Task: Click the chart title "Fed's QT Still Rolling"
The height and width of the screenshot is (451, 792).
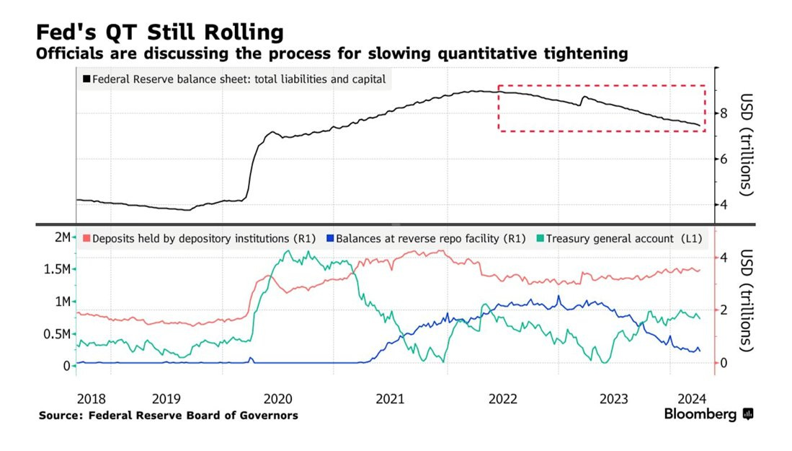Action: click(159, 32)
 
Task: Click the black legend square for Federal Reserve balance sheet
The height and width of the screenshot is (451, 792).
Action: click(87, 79)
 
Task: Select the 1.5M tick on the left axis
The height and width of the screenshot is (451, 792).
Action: click(53, 269)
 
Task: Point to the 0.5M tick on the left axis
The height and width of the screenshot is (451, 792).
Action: click(53, 334)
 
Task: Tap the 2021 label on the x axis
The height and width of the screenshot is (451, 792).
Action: click(390, 398)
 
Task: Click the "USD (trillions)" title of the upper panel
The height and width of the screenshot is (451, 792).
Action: click(746, 144)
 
